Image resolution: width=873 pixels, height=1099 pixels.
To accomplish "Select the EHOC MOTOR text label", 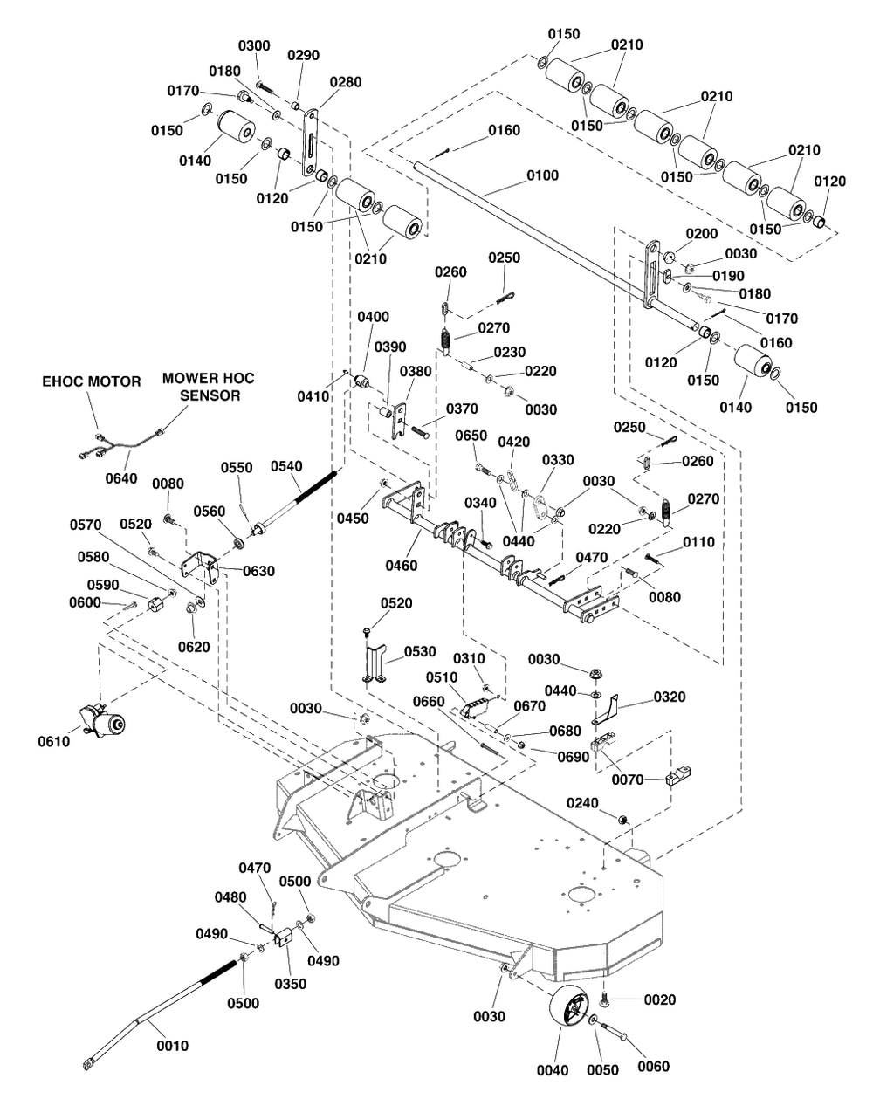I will click(x=93, y=381).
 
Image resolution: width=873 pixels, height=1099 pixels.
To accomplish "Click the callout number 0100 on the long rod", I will click(x=542, y=175).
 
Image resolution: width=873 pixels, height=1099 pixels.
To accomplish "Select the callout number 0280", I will click(x=345, y=80).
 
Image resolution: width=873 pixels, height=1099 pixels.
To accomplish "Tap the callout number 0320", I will click(x=669, y=697).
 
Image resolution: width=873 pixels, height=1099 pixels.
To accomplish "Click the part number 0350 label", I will click(x=291, y=983).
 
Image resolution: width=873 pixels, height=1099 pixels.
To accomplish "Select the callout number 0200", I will click(x=701, y=235).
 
